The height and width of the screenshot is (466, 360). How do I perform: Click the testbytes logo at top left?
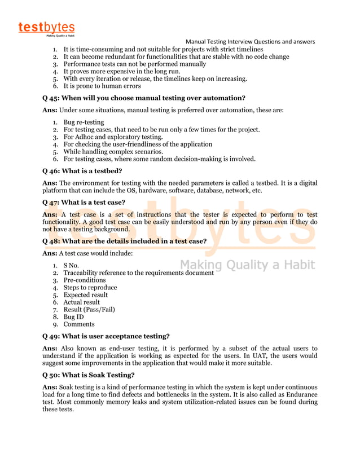coord(46,28)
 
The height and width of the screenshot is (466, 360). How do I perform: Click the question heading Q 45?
coord(144,98)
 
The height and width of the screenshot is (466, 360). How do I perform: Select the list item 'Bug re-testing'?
coord(84,122)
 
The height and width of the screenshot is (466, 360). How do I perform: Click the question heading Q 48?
coord(124,241)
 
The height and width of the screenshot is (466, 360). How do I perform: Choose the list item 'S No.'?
coord(71,265)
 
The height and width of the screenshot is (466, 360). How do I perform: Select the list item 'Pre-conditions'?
coord(84,280)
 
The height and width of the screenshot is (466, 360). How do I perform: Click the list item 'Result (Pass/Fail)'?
coord(89,309)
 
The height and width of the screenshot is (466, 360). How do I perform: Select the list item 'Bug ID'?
coord(73,316)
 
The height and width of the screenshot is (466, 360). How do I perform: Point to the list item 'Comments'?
coord(79,324)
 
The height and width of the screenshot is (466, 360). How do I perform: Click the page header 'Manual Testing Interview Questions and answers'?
coord(250,42)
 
